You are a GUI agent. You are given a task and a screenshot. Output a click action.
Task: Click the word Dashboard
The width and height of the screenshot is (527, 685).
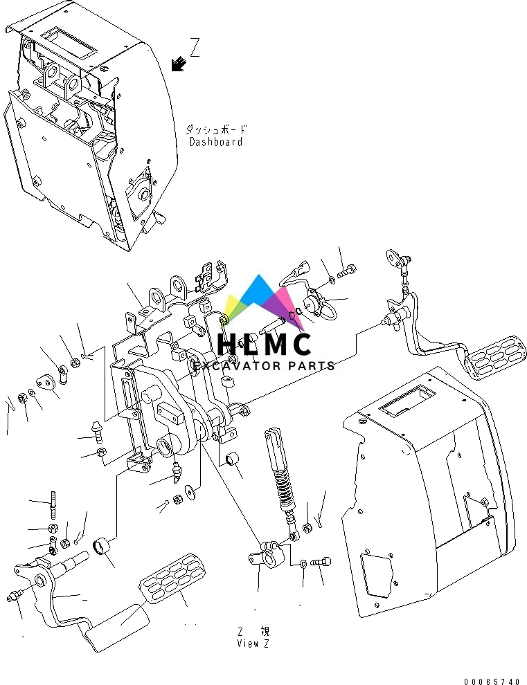coord(216,142)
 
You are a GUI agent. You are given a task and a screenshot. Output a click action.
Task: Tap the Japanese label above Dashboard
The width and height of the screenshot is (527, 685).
coord(216,129)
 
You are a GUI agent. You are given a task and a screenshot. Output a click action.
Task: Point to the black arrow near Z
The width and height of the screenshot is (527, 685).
coord(179,64)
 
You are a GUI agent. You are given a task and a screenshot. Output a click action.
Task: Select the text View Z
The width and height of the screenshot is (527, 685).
coord(253,643)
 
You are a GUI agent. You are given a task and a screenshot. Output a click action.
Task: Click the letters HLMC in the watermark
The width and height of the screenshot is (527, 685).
coord(264,344)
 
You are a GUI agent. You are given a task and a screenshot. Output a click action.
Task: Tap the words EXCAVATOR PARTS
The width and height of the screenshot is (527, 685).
coord(264,365)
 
